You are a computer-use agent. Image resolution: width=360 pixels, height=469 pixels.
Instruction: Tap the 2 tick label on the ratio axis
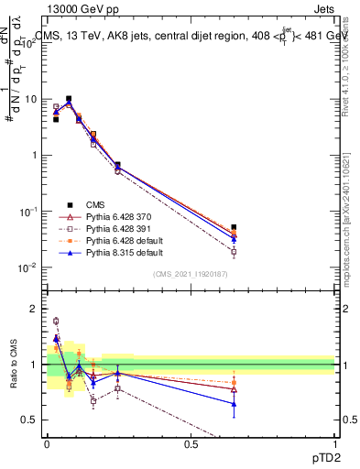pos(32,309)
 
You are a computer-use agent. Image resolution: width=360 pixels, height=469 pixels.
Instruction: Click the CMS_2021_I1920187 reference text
pos(191,274)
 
